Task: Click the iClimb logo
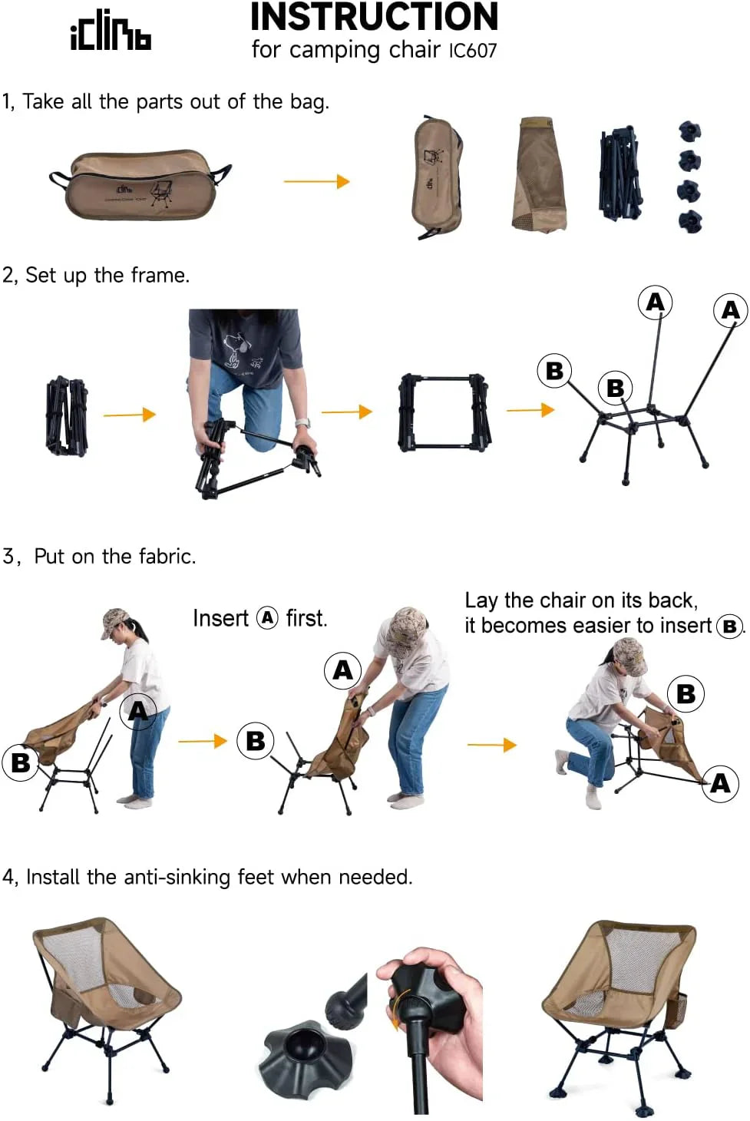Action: click(x=111, y=32)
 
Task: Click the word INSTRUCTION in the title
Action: click(x=374, y=17)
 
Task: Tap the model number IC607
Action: click(x=473, y=51)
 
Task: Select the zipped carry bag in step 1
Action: click(x=140, y=184)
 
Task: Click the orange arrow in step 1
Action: click(x=316, y=181)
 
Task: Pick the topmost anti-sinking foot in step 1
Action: click(x=689, y=131)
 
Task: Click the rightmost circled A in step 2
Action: click(x=730, y=310)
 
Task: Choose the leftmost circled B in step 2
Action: click(x=554, y=371)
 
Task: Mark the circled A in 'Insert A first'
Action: click(x=267, y=618)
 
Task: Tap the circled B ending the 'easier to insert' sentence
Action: click(x=729, y=627)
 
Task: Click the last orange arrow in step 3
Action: click(x=491, y=745)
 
